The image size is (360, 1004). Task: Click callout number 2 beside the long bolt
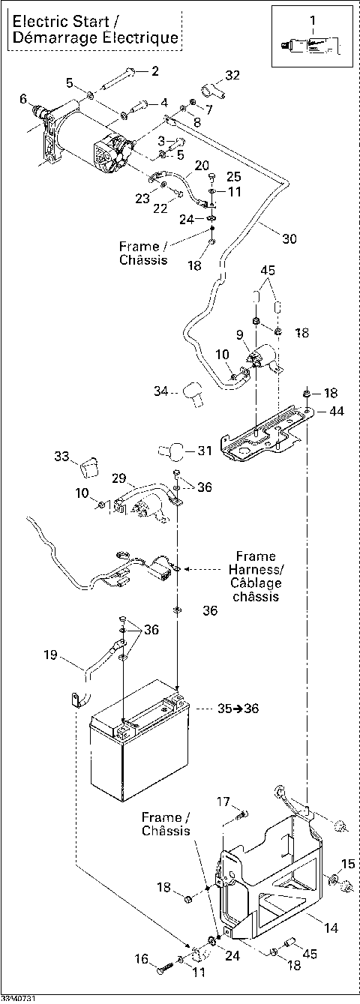coord(155,71)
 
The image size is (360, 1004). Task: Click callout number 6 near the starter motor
coord(23,98)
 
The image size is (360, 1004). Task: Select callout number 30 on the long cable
coord(289,239)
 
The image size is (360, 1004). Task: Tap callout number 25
coord(235,177)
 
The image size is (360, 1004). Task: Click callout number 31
coord(204,451)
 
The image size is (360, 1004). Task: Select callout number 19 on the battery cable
coord(50,655)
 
